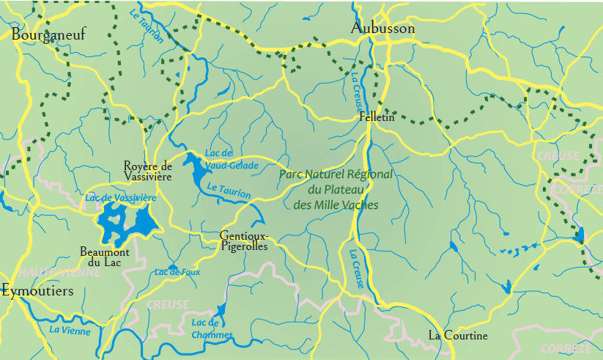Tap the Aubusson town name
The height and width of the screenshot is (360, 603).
coord(382,29)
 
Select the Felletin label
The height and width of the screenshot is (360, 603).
coord(377,117)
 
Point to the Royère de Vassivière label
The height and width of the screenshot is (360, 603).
coord(147,171)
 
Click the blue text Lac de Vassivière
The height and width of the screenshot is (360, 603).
coord(121,198)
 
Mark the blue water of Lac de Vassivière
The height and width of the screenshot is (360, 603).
coord(116,220)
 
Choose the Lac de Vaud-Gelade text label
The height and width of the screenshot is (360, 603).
coord(232,159)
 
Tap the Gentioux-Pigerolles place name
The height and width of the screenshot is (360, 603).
coord(244,241)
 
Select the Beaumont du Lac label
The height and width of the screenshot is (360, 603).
coord(105,257)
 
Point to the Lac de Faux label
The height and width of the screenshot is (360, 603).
coord(177,272)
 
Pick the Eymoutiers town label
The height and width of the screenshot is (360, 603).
coord(37,291)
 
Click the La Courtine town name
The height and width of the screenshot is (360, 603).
coord(458,336)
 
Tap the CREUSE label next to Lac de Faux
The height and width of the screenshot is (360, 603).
coord(168,304)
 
